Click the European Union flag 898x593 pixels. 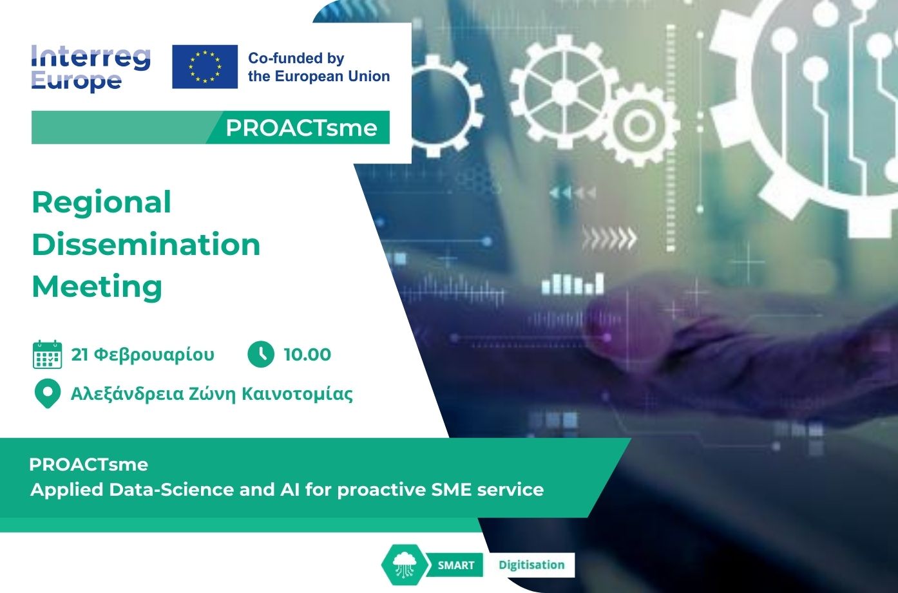[x=205, y=66]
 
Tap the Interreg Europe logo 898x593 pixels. [x=91, y=68]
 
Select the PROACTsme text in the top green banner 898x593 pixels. [x=301, y=128]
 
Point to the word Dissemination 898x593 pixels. [x=146, y=244]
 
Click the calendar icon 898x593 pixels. [x=47, y=355]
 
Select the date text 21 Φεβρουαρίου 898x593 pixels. [x=143, y=355]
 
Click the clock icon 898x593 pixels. [x=261, y=354]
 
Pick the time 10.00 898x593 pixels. [x=307, y=355]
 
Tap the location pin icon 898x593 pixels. [x=48, y=393]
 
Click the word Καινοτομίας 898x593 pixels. [x=298, y=394]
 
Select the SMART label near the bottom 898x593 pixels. [x=456, y=565]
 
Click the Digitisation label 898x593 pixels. [x=531, y=565]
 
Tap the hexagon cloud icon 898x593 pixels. [x=404, y=565]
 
